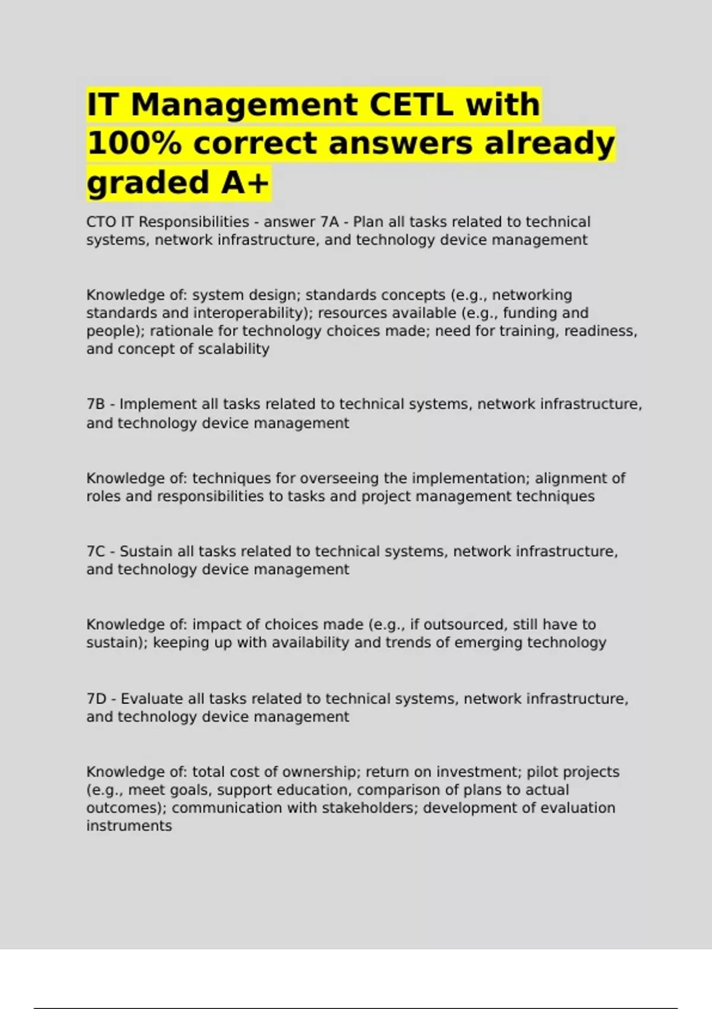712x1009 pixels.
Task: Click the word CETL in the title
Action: tap(411, 105)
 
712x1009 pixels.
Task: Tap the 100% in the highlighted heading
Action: tap(134, 144)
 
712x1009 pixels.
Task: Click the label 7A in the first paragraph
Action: tap(329, 222)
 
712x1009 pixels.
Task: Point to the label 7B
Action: tap(96, 404)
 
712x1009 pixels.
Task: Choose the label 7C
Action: tap(96, 551)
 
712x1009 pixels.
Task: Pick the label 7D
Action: tap(96, 699)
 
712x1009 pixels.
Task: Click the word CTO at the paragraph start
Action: tap(101, 222)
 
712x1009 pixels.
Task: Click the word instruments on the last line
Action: tap(129, 826)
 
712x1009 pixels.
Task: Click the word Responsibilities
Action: tap(194, 222)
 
